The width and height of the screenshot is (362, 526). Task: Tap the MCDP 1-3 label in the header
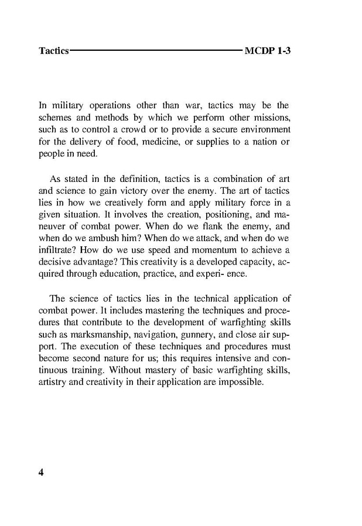pyautogui.click(x=268, y=51)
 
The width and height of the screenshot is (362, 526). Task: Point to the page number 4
pyautogui.click(x=42, y=472)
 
